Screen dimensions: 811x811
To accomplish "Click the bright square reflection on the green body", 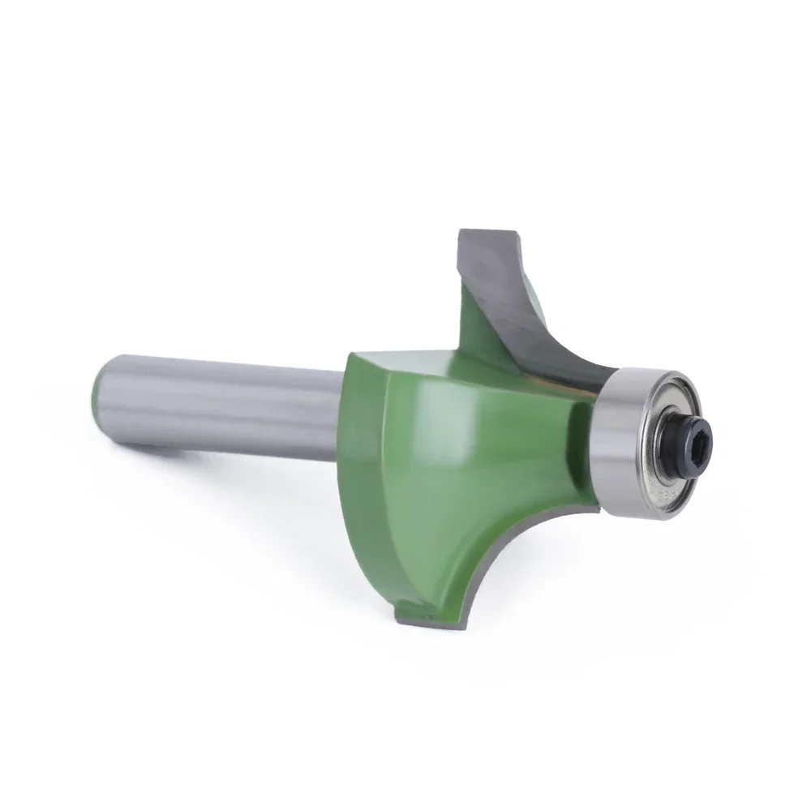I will tap(454, 422).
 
